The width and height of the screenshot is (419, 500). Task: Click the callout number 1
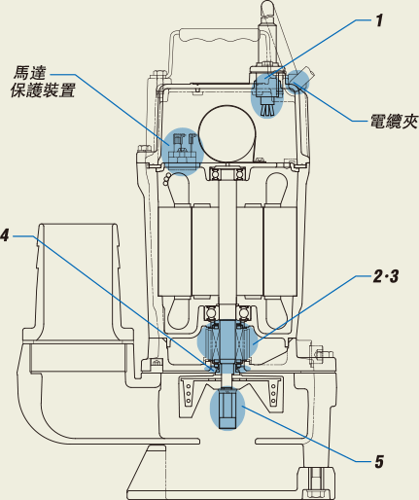point(379,20)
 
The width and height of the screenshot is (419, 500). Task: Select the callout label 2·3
point(386,276)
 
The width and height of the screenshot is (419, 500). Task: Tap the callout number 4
point(5,235)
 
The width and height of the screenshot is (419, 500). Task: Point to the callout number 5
point(379,461)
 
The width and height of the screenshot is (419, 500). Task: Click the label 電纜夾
point(394,122)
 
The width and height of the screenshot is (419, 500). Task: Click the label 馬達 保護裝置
point(43,82)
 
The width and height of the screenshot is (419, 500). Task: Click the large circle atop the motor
point(227,133)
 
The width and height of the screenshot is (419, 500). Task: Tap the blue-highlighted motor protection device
point(183,152)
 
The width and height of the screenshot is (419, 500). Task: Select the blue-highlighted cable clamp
point(297,81)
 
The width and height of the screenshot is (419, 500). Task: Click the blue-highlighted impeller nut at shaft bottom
point(227,409)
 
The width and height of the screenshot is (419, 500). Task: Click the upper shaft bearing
point(227,174)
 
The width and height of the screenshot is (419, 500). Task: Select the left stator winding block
point(174,251)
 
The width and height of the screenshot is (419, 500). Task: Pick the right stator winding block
point(280,251)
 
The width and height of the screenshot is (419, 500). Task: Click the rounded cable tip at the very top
point(267,7)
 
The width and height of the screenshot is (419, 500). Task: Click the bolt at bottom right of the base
point(314,482)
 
